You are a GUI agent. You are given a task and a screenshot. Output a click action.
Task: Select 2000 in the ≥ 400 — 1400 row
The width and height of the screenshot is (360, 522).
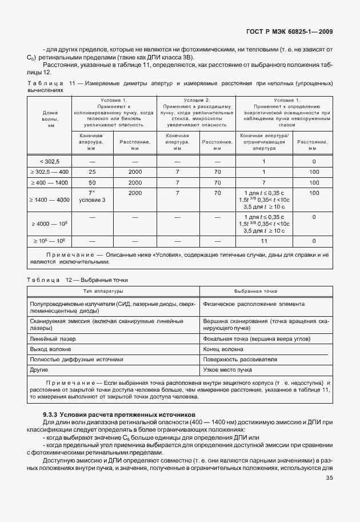coord(135,182)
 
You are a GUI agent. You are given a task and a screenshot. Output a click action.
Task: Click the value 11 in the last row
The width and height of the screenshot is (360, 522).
coord(263,242)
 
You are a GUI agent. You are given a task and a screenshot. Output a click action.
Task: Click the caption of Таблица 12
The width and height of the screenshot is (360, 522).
coord(77,280)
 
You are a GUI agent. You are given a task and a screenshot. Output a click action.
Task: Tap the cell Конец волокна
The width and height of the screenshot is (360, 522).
coord(223,349)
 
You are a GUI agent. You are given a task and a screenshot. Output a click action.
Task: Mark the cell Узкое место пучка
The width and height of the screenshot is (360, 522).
coord(227,370)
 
